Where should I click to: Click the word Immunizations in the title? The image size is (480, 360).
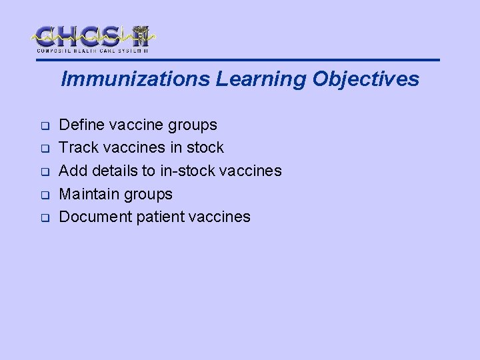pos(135,79)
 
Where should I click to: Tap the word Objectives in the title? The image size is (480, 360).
pos(364,79)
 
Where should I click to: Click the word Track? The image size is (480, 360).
pos(78,147)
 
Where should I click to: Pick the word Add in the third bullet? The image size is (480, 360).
pos(73,171)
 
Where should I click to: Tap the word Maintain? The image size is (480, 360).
pos(88,194)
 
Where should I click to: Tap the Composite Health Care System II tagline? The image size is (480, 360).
pos(92,51)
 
